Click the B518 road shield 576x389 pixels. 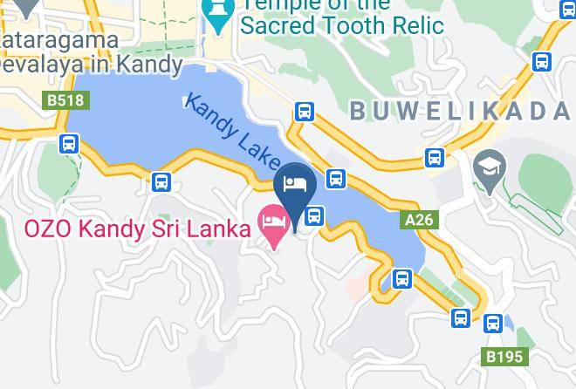pos(65,101)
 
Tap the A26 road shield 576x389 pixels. pos(418,222)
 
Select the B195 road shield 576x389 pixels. pos(505,357)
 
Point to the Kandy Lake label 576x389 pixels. pos(232,131)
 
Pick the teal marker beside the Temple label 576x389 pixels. pos(217,12)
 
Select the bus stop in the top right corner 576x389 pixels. pos(542,62)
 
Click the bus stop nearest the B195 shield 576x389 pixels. pos(493,324)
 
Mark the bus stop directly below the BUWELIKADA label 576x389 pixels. pos(435,158)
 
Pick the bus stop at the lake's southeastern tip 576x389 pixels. pos(401,279)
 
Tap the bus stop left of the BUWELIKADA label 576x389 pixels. pos(305,111)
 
